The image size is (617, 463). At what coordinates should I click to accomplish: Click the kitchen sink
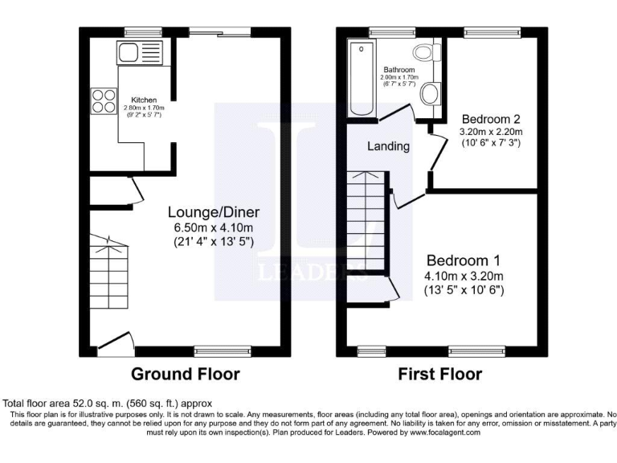(x=129, y=52)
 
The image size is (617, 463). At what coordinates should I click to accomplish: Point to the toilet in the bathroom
(x=424, y=53)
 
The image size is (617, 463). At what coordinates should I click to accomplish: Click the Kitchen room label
(x=145, y=100)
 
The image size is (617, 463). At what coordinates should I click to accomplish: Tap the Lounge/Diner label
(x=214, y=212)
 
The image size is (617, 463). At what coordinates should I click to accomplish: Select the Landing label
(x=389, y=146)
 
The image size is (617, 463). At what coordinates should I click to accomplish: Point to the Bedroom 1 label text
(x=464, y=260)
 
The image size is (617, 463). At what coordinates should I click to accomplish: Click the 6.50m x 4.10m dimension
(x=214, y=227)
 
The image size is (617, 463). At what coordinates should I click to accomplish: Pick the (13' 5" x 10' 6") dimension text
(x=464, y=290)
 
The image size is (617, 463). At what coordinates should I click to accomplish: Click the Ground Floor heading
(x=185, y=374)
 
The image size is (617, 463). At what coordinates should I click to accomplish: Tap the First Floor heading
(x=439, y=374)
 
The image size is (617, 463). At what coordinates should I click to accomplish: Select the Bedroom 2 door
(x=436, y=150)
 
